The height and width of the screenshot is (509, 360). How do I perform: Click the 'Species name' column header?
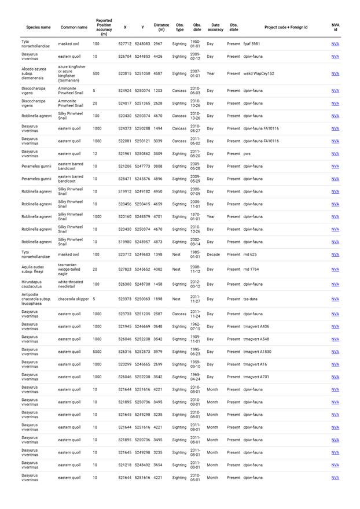[38, 27]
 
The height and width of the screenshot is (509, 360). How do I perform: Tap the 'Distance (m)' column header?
[161, 27]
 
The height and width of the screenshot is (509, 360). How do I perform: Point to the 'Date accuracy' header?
[215, 27]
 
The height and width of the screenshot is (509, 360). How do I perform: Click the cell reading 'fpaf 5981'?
[252, 44]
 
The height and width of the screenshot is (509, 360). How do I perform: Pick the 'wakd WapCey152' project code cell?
[259, 73]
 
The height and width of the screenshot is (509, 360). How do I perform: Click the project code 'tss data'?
[251, 299]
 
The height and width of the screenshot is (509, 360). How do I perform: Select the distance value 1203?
[158, 91]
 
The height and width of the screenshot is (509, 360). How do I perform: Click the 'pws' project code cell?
[247, 154]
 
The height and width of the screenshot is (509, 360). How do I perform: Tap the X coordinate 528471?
[125, 179]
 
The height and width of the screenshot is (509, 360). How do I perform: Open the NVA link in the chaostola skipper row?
[335, 299]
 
